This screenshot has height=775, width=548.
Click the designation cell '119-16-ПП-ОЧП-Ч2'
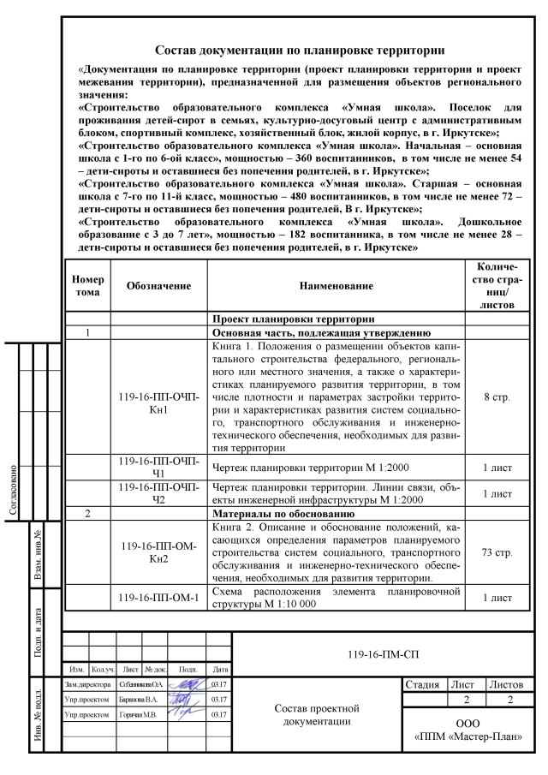(x=158, y=494)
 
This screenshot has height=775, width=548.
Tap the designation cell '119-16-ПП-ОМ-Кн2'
(x=158, y=552)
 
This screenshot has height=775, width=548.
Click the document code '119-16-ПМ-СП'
(x=378, y=653)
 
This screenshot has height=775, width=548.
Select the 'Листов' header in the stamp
(x=509, y=685)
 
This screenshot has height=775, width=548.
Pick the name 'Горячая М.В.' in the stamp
(x=131, y=714)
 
